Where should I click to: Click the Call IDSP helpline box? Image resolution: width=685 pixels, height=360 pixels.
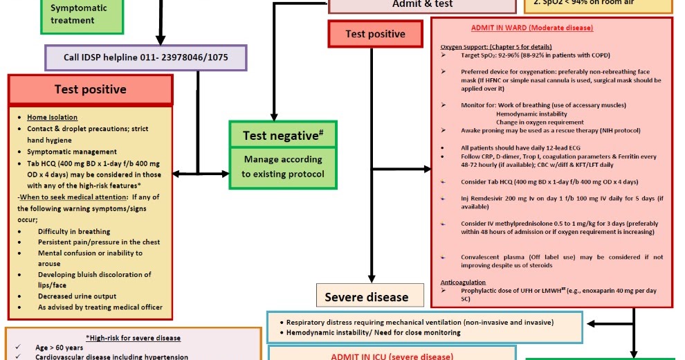click(146, 58)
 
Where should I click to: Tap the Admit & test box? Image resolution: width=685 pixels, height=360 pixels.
click(422, 4)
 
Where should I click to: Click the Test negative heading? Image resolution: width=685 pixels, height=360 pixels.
click(284, 135)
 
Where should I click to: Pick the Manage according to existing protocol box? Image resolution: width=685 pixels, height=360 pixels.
click(283, 167)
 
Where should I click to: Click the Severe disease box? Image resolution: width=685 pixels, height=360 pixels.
click(366, 297)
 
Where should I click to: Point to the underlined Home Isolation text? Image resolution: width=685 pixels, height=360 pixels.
click(53, 118)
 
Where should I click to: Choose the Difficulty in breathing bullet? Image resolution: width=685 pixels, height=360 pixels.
click(74, 231)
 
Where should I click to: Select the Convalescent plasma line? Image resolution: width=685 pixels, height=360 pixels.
click(562, 261)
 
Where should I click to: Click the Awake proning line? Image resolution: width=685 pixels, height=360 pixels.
click(550, 130)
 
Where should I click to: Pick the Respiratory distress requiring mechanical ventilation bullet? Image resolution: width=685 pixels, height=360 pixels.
click(420, 323)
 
